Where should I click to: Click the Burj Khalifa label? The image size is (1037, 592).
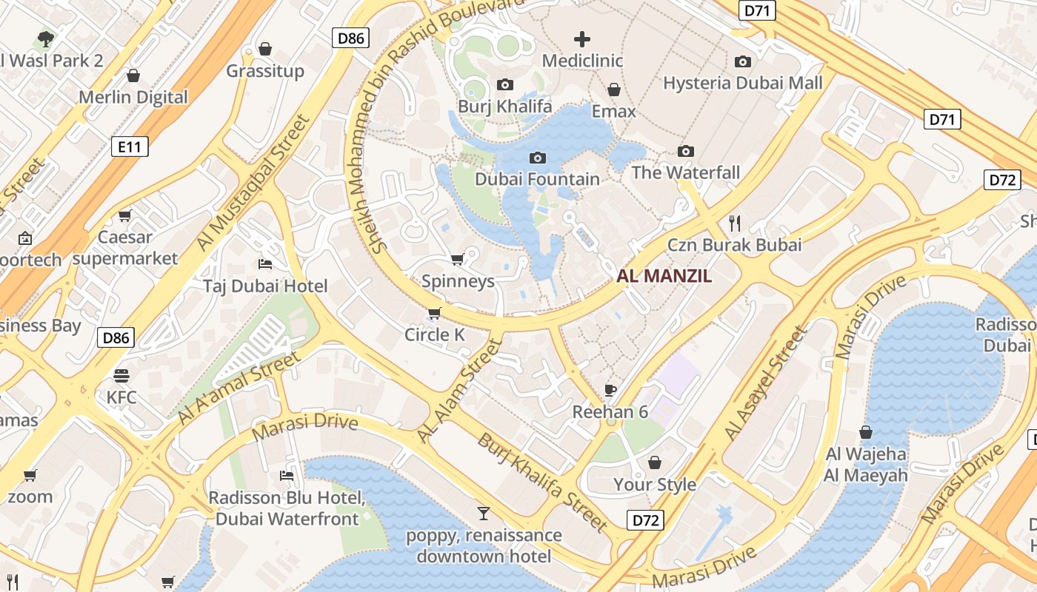pyautogui.click(x=504, y=107)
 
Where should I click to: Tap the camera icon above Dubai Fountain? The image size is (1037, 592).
pyautogui.click(x=538, y=158)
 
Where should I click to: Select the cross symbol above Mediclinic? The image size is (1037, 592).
pyautogui.click(x=582, y=39)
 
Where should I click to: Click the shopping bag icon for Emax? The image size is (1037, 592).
pyautogui.click(x=613, y=90)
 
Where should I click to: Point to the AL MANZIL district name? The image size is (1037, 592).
pyautogui.click(x=664, y=277)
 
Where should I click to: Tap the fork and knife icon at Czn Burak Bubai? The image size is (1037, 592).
pyautogui.click(x=734, y=222)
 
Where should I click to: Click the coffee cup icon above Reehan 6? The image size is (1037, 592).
pyautogui.click(x=610, y=390)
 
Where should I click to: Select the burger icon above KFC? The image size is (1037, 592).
pyautogui.click(x=121, y=376)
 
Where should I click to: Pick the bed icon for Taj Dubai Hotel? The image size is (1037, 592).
pyautogui.click(x=265, y=264)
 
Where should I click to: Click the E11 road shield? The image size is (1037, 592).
pyautogui.click(x=130, y=147)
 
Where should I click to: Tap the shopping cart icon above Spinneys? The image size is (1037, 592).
pyautogui.click(x=457, y=260)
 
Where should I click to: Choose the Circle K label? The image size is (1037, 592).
pyautogui.click(x=434, y=334)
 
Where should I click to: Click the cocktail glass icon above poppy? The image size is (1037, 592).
pyautogui.click(x=483, y=513)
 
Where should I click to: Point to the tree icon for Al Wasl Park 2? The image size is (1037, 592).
pyautogui.click(x=45, y=38)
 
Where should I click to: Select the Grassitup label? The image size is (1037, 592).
pyautogui.click(x=265, y=71)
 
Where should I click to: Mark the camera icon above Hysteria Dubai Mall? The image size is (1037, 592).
pyautogui.click(x=742, y=61)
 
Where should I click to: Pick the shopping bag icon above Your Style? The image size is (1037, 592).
pyautogui.click(x=655, y=463)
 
